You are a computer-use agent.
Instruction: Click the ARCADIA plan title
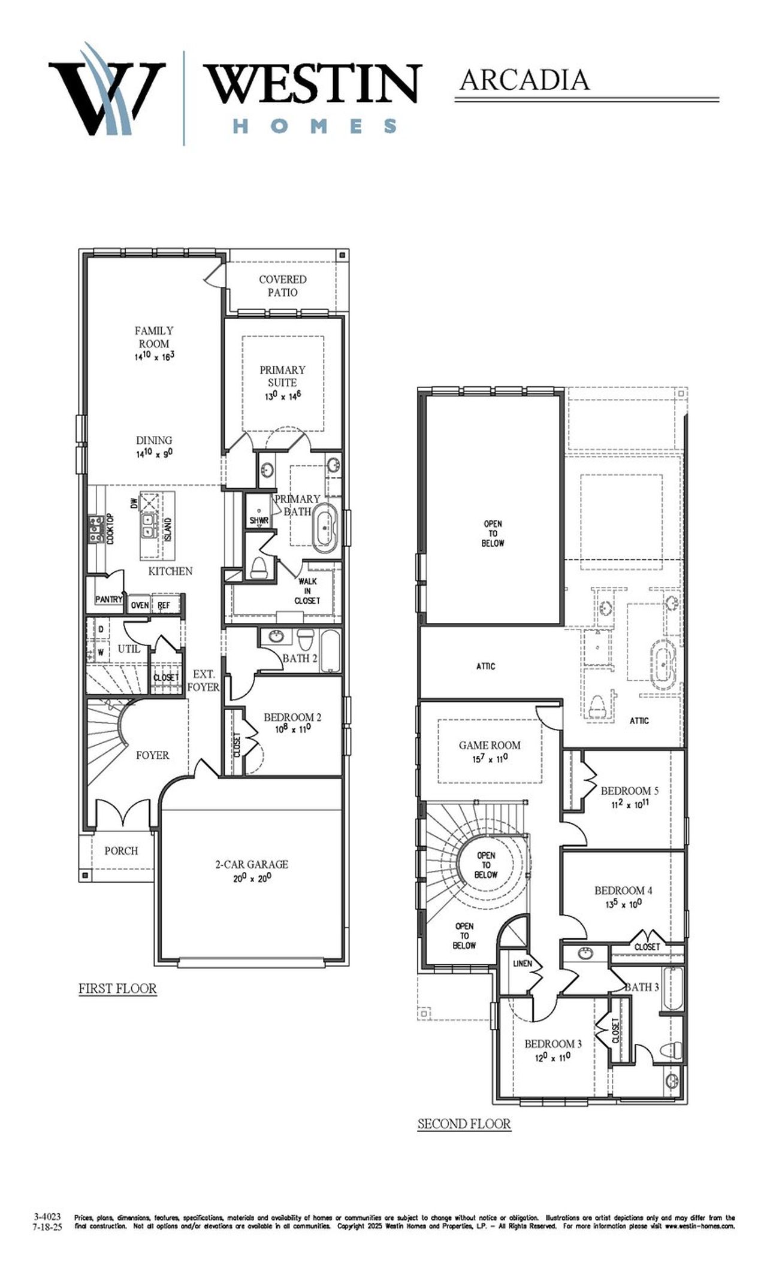(524, 80)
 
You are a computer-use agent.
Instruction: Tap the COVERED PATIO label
(282, 286)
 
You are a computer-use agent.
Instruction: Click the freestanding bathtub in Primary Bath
(325, 528)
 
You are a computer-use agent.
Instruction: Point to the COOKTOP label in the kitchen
(110, 529)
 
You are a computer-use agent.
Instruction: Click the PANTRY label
(108, 599)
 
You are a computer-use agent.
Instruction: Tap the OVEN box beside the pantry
(140, 605)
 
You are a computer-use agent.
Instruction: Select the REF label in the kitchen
(164, 605)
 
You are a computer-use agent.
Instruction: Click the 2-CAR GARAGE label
(252, 864)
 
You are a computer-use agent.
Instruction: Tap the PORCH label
(121, 850)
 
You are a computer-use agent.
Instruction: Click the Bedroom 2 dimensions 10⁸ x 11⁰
(293, 729)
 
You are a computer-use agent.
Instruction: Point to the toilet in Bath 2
(304, 640)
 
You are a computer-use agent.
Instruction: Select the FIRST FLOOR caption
(117, 988)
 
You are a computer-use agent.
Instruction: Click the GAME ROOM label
(490, 745)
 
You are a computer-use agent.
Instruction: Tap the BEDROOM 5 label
(629, 790)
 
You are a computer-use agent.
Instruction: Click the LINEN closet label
(522, 964)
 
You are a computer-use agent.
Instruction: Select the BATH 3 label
(641, 987)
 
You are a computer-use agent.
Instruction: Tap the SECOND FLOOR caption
(464, 1123)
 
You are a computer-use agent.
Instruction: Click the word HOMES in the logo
(314, 125)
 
